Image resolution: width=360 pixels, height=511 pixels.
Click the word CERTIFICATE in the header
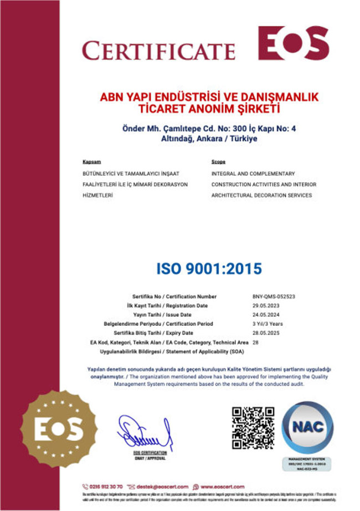158,50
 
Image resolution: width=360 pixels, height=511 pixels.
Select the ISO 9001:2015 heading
209,268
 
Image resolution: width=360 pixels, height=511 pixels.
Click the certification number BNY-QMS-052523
274,297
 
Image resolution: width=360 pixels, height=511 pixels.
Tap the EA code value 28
255,342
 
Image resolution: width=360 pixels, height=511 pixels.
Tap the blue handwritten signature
143,434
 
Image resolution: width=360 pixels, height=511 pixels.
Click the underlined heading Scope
218,162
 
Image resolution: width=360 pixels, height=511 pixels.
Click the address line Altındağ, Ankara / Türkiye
209,139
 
